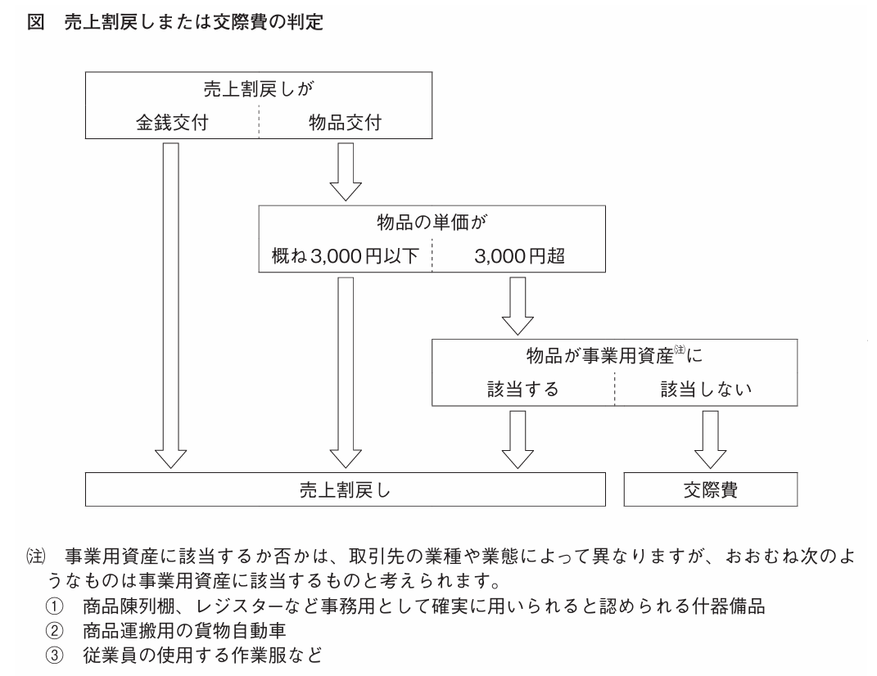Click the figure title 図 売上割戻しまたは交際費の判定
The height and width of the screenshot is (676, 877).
click(x=175, y=23)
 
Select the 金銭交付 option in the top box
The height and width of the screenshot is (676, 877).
click(x=171, y=124)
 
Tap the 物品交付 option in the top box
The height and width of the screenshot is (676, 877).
click(x=344, y=124)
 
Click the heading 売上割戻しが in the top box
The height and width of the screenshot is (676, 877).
click(x=257, y=90)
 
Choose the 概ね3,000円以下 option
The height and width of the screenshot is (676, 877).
click(x=345, y=257)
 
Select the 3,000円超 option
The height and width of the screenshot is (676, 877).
click(x=518, y=257)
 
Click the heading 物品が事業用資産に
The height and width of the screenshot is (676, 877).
click(x=614, y=357)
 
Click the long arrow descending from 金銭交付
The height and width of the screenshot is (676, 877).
click(x=171, y=303)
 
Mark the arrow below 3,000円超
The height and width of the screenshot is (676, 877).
click(x=518, y=304)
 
